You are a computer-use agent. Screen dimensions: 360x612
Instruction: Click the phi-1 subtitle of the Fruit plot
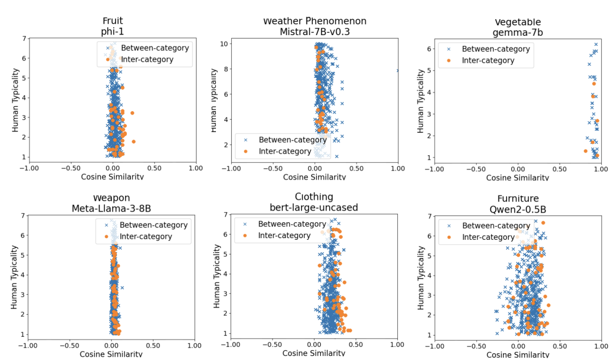112,32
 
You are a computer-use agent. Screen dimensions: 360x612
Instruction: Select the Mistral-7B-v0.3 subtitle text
314,32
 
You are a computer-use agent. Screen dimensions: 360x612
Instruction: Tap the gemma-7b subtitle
518,32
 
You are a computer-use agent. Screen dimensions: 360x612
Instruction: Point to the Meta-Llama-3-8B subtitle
111,208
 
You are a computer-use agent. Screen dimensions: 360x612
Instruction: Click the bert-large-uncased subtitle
313,207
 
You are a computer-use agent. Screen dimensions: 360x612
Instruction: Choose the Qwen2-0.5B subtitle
518,209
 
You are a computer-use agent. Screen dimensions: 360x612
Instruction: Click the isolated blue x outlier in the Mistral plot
397,70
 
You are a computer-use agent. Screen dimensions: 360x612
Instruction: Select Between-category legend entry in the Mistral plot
285,139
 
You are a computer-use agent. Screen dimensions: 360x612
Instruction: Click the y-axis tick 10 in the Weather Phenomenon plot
224,44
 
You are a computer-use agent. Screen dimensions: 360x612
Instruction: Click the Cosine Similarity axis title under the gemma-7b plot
517,177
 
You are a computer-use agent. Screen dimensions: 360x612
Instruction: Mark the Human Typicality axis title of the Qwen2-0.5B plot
422,276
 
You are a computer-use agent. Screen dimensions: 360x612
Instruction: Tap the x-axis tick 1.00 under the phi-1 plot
195,168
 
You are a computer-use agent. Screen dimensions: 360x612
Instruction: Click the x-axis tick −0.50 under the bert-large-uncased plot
272,344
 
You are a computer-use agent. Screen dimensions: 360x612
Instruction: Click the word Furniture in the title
518,198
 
